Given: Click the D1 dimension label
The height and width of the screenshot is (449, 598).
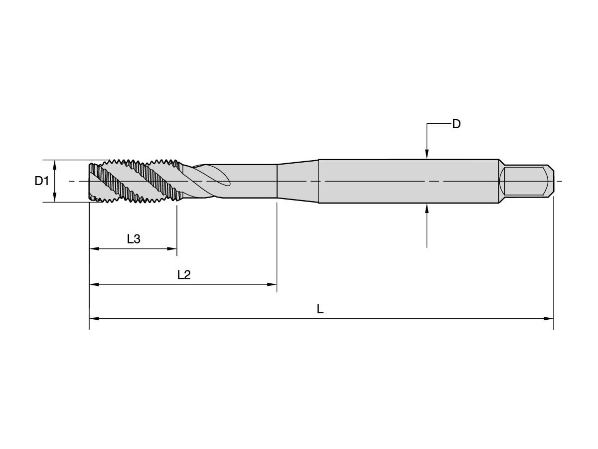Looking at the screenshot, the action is pos(42,181).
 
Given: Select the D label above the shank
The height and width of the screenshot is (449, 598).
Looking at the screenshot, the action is pos(456,124).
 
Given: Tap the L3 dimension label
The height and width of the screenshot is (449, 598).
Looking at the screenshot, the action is pos(134,239).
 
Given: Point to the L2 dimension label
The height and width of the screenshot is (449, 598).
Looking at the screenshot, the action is pos(184,275).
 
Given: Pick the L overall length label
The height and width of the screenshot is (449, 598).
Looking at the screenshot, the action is pos(320,309).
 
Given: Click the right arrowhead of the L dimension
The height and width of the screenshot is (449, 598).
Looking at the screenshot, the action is pos(549,318).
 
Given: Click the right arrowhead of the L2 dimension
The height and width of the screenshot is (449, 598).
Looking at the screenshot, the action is pos(272,284).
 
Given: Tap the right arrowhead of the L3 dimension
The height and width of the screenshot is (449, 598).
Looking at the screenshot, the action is pos(172,248).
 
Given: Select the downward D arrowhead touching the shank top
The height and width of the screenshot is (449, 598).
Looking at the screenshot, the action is pos(427,154).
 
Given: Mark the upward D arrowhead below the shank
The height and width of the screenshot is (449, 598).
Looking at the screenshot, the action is pos(427,209).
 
